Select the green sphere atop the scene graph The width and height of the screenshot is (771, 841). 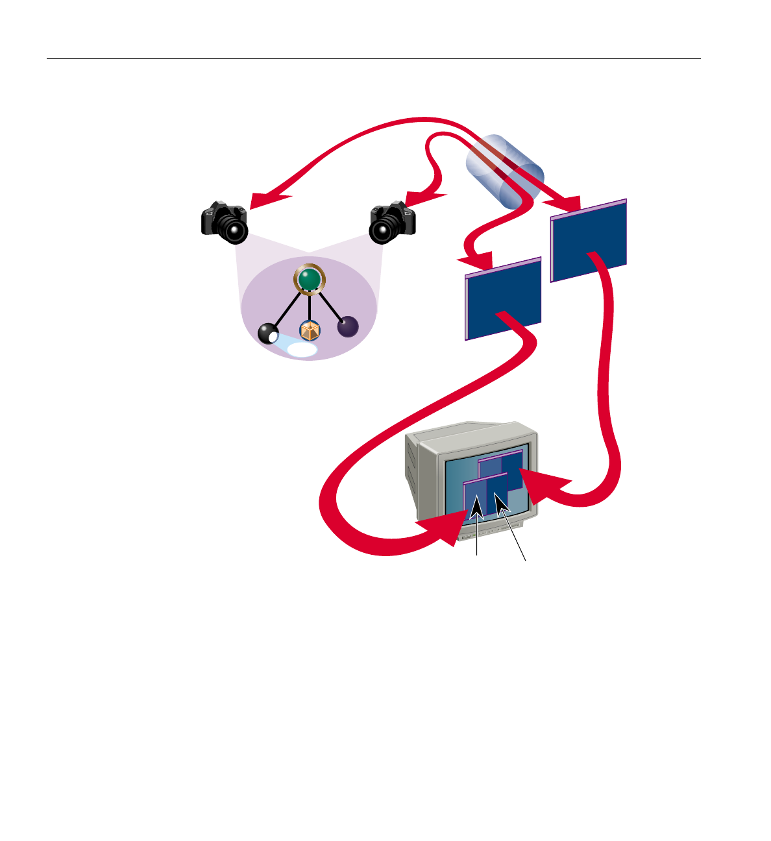point(310,280)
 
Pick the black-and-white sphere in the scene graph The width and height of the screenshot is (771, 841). point(268,334)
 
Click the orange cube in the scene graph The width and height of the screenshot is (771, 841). point(310,331)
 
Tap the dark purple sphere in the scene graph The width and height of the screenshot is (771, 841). point(348,326)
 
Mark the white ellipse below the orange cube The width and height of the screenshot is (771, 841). point(302,350)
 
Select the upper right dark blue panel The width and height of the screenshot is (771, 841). point(589,241)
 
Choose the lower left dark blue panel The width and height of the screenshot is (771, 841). point(504,299)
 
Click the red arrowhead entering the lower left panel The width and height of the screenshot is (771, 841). point(477,262)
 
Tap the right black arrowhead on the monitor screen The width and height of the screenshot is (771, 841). point(501,501)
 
